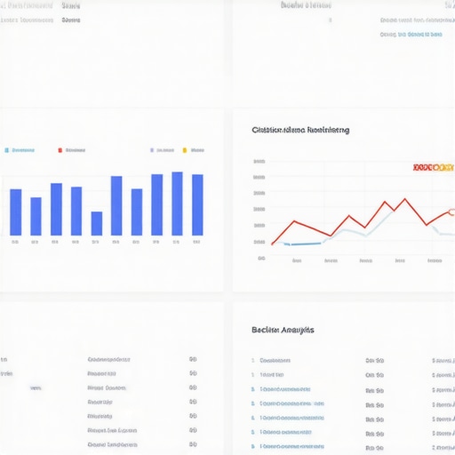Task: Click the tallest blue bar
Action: (177, 204)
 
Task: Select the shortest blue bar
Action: (96, 223)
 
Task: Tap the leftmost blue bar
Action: (15, 212)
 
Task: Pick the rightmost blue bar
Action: (197, 204)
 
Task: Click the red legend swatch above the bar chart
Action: (60, 151)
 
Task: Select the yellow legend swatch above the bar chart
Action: (185, 151)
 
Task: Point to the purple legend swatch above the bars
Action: (152, 151)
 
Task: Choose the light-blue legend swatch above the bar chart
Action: (6, 151)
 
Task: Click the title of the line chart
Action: (300, 130)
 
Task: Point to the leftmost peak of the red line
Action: (294, 221)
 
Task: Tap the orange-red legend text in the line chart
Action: (434, 166)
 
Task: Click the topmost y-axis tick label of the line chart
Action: (259, 162)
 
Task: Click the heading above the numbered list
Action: (283, 330)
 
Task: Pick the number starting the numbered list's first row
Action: (253, 361)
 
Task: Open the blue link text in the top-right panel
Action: (411, 35)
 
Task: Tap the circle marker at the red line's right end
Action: (451, 212)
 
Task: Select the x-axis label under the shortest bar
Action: (96, 241)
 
